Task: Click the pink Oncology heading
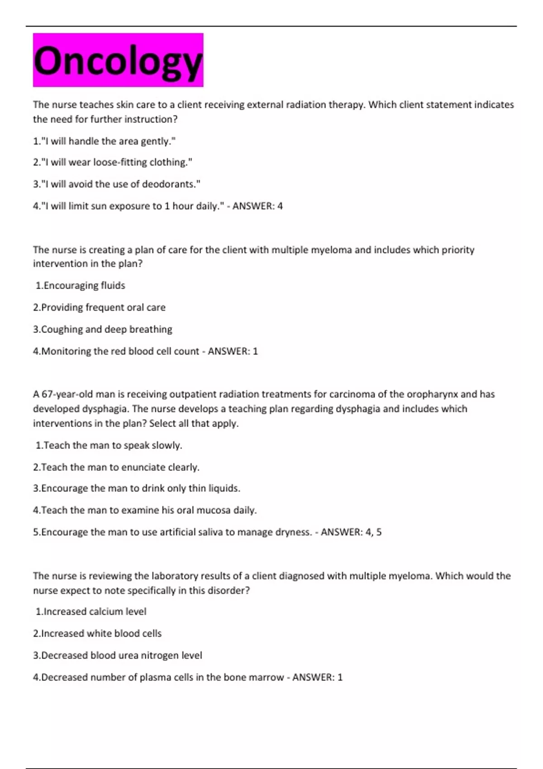(x=118, y=60)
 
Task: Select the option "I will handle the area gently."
(x=104, y=141)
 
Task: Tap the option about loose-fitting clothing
(x=112, y=162)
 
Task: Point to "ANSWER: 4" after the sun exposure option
(x=257, y=206)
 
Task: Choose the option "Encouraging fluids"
(x=81, y=285)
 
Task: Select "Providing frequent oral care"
(x=99, y=308)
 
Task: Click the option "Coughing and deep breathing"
(x=103, y=329)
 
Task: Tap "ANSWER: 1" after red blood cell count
(x=233, y=351)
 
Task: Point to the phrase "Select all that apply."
(x=194, y=423)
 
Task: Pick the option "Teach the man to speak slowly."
(x=109, y=446)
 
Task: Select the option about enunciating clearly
(x=116, y=467)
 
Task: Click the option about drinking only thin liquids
(x=137, y=489)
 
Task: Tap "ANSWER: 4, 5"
(x=351, y=532)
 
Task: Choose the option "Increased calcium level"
(x=91, y=612)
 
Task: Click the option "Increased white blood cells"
(x=97, y=634)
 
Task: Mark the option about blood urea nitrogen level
(x=118, y=655)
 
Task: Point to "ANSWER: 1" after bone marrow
(x=317, y=678)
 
